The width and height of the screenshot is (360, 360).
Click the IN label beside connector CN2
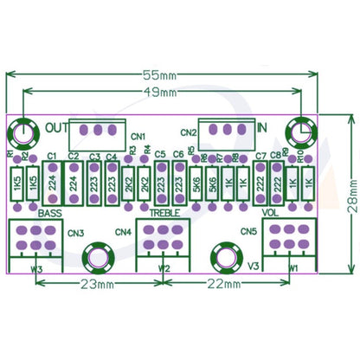pyautogui.click(x=262, y=127)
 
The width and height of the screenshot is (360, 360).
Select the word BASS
pyautogui.click(x=51, y=212)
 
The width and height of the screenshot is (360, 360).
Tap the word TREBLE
pyautogui.click(x=165, y=212)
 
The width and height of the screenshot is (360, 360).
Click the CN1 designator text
pyautogui.click(x=138, y=135)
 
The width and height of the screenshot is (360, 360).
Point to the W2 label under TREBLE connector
pyautogui.click(x=165, y=267)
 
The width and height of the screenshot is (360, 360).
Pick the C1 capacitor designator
pyautogui.click(x=51, y=156)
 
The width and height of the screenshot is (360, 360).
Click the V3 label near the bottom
pyautogui.click(x=254, y=266)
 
